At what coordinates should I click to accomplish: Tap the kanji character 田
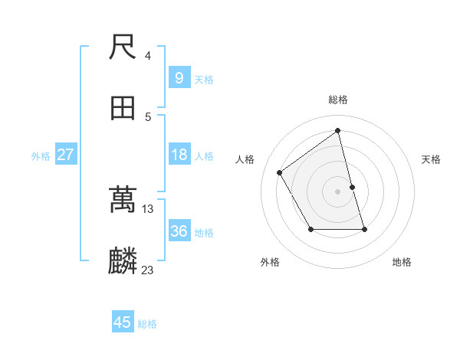pyautogui.click(x=123, y=108)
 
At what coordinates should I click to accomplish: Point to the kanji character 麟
pyautogui.click(x=123, y=261)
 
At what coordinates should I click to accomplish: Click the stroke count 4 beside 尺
pyautogui.click(x=148, y=56)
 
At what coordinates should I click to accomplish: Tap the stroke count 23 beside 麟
pyautogui.click(x=148, y=270)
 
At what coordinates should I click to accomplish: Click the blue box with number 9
pyautogui.click(x=179, y=77)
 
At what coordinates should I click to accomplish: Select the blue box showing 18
pyautogui.click(x=179, y=155)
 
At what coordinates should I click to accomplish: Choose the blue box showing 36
pyautogui.click(x=179, y=231)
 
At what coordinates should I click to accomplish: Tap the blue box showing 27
pyautogui.click(x=66, y=155)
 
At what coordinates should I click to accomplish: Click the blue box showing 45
pyautogui.click(x=123, y=322)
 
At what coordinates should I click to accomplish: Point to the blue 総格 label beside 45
pyautogui.click(x=147, y=324)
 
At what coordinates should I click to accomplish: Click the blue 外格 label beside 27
pyautogui.click(x=41, y=156)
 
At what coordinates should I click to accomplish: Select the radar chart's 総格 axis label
pyautogui.click(x=338, y=100)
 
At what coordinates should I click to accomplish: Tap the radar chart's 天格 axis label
pyautogui.click(x=432, y=159)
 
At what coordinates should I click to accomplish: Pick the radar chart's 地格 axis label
pyautogui.click(x=402, y=262)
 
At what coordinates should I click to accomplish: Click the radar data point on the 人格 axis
pyautogui.click(x=280, y=172)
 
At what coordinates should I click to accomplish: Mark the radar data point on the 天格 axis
pyautogui.click(x=353, y=187)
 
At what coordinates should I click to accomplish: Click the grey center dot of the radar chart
pyautogui.click(x=338, y=191)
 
